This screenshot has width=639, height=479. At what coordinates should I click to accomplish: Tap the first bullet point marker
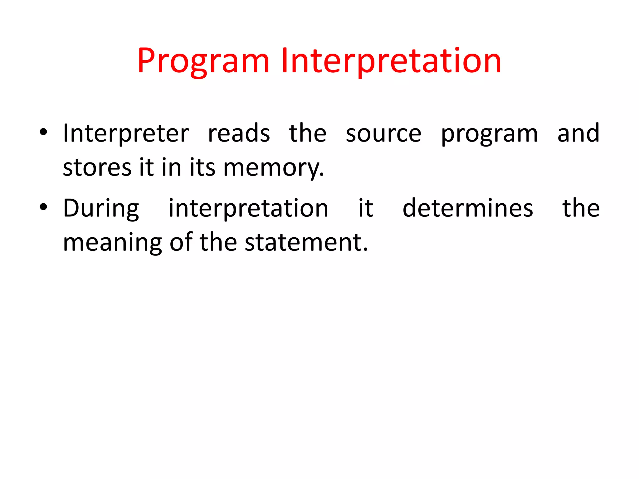click(43, 132)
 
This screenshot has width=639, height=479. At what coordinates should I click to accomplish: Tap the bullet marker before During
click(43, 207)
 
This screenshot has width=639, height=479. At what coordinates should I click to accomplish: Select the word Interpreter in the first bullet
click(126, 133)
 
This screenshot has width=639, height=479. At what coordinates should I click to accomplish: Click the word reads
click(239, 133)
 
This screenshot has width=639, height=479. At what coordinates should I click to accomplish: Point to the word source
click(383, 133)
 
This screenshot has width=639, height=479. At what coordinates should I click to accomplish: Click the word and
click(578, 133)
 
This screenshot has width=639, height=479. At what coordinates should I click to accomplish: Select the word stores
click(97, 168)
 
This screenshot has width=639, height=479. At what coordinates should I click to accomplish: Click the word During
click(101, 208)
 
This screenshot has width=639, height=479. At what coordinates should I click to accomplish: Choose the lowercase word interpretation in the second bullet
click(248, 208)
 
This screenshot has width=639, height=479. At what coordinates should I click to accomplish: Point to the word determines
click(467, 208)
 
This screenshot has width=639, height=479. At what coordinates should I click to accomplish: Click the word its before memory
click(202, 168)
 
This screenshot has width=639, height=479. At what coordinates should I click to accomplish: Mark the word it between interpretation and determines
click(365, 208)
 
